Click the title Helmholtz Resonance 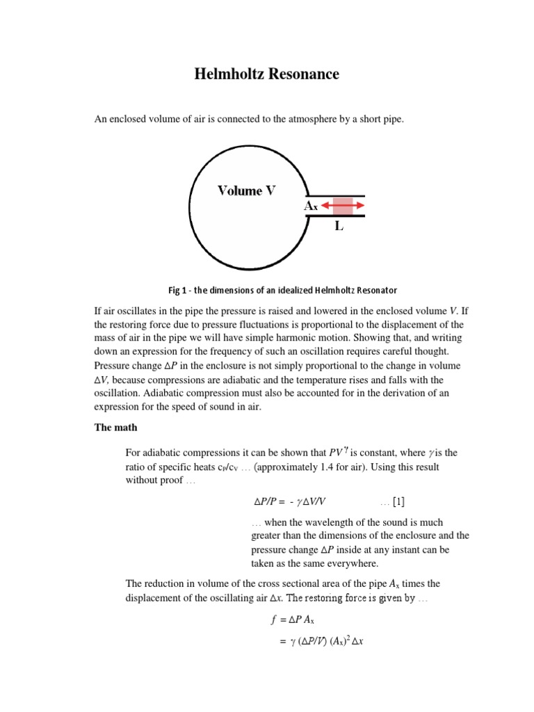coord(267,74)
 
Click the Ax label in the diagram coord(311,207)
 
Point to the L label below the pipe coord(339,226)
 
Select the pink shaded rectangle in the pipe coord(343,206)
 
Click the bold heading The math coord(118,428)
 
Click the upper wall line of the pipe coord(336,195)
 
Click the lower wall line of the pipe coord(336,216)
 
